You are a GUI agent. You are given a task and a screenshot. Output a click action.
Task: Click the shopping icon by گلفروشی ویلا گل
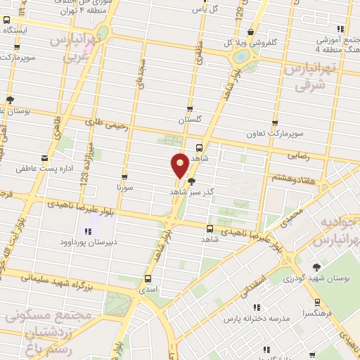point(251,31)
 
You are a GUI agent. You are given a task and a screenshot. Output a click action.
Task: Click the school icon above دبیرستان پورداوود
point(88,231)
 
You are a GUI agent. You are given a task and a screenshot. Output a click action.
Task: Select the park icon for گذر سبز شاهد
point(191,181)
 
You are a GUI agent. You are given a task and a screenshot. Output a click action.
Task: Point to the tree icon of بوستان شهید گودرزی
point(316,266)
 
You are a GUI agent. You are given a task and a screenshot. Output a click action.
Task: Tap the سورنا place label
point(124,187)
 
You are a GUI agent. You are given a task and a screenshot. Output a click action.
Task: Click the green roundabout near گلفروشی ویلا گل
point(241,56)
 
